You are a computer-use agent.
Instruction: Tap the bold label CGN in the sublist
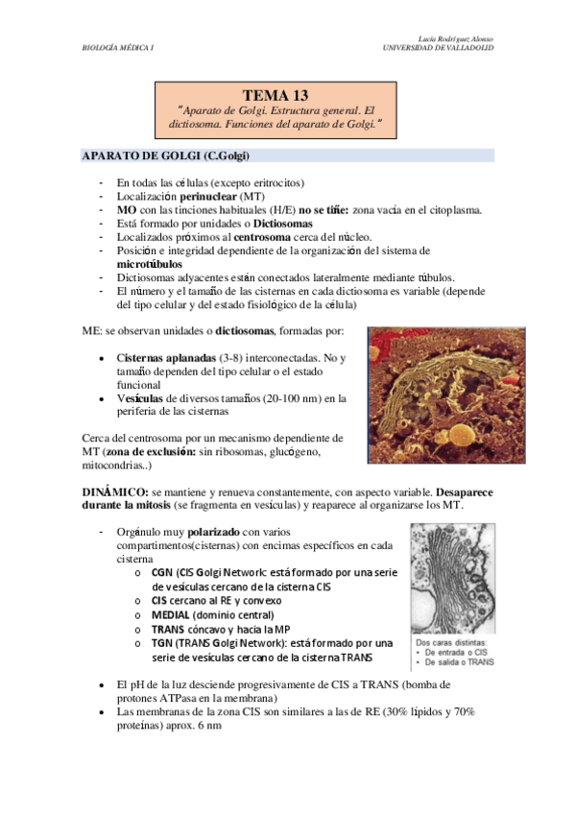(162, 572)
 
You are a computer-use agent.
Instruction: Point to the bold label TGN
(162, 642)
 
